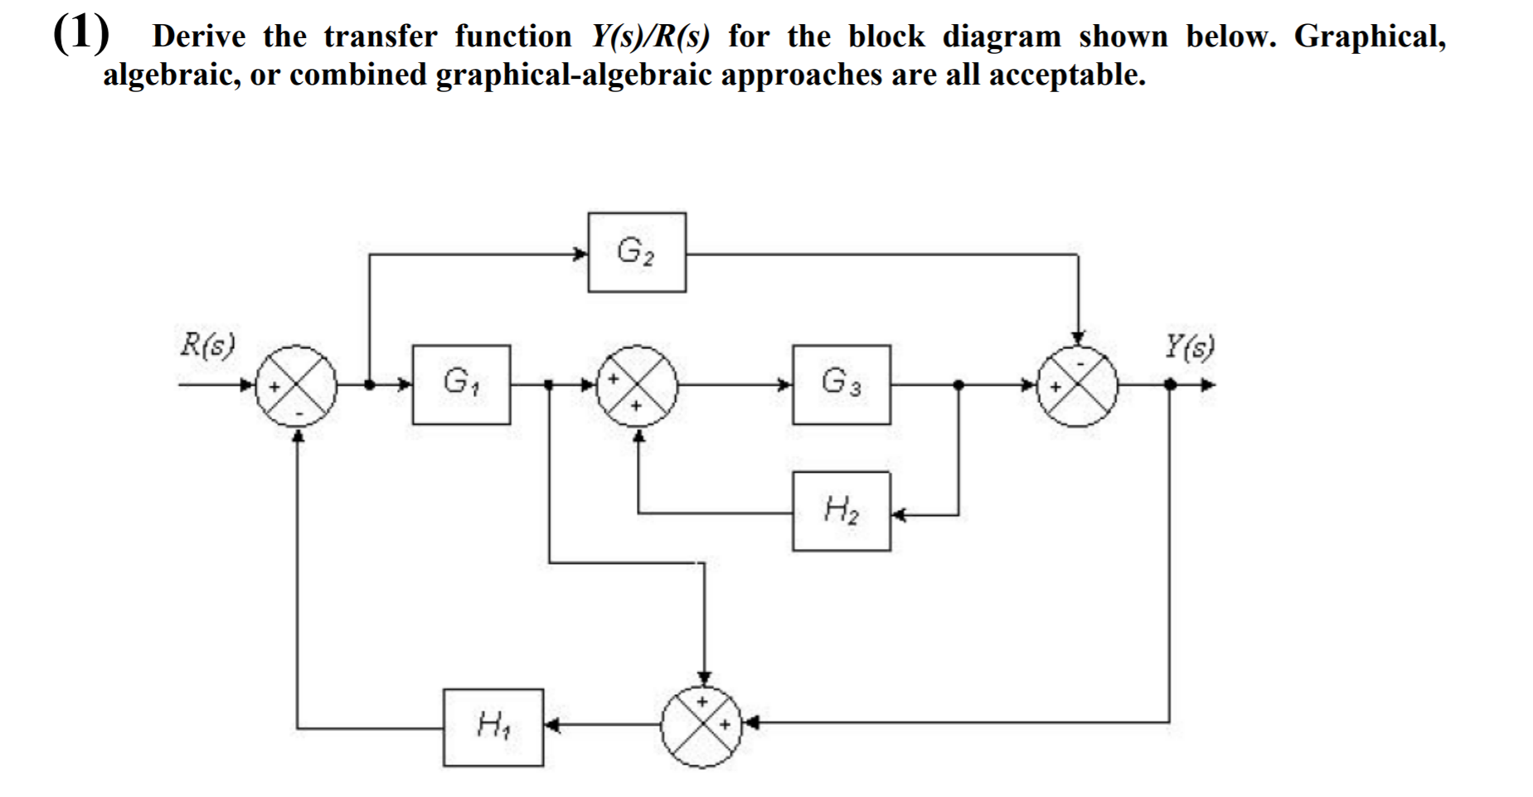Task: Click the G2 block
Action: [x=637, y=252]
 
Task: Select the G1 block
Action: [x=461, y=384]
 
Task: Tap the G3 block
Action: [x=842, y=384]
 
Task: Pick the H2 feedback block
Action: [x=842, y=511]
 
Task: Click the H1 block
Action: [x=493, y=727]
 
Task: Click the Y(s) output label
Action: [x=1189, y=344]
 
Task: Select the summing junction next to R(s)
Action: [x=297, y=386]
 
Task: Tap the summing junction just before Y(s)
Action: [x=1077, y=386]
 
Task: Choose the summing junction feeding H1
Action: [x=703, y=726]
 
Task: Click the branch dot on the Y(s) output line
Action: [x=1170, y=385]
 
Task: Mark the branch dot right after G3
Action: [x=958, y=385]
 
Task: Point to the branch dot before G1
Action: [x=369, y=385]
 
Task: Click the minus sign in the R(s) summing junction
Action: [x=299, y=411]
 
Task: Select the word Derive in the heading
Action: [x=199, y=36]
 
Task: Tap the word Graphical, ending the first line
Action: [x=1370, y=36]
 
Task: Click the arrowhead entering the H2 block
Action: [x=899, y=515]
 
